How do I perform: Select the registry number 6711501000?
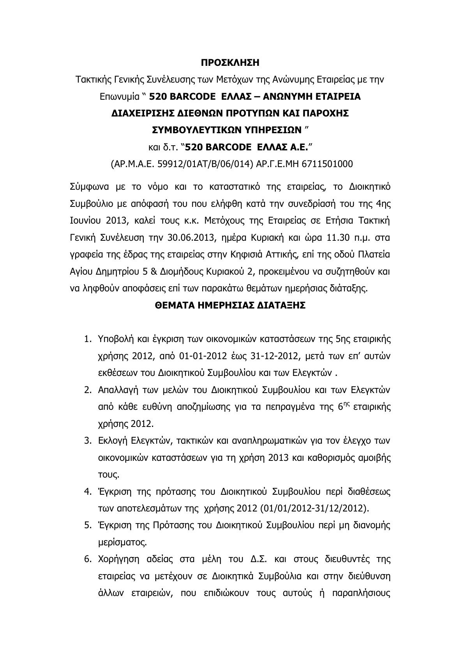tap(327, 164)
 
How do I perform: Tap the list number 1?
tap(87, 339)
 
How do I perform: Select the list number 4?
tap(87, 492)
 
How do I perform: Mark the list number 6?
tap(87, 559)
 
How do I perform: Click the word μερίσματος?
tap(122, 542)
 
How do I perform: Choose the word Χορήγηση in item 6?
tap(118, 559)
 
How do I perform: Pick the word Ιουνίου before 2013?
tap(85, 220)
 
